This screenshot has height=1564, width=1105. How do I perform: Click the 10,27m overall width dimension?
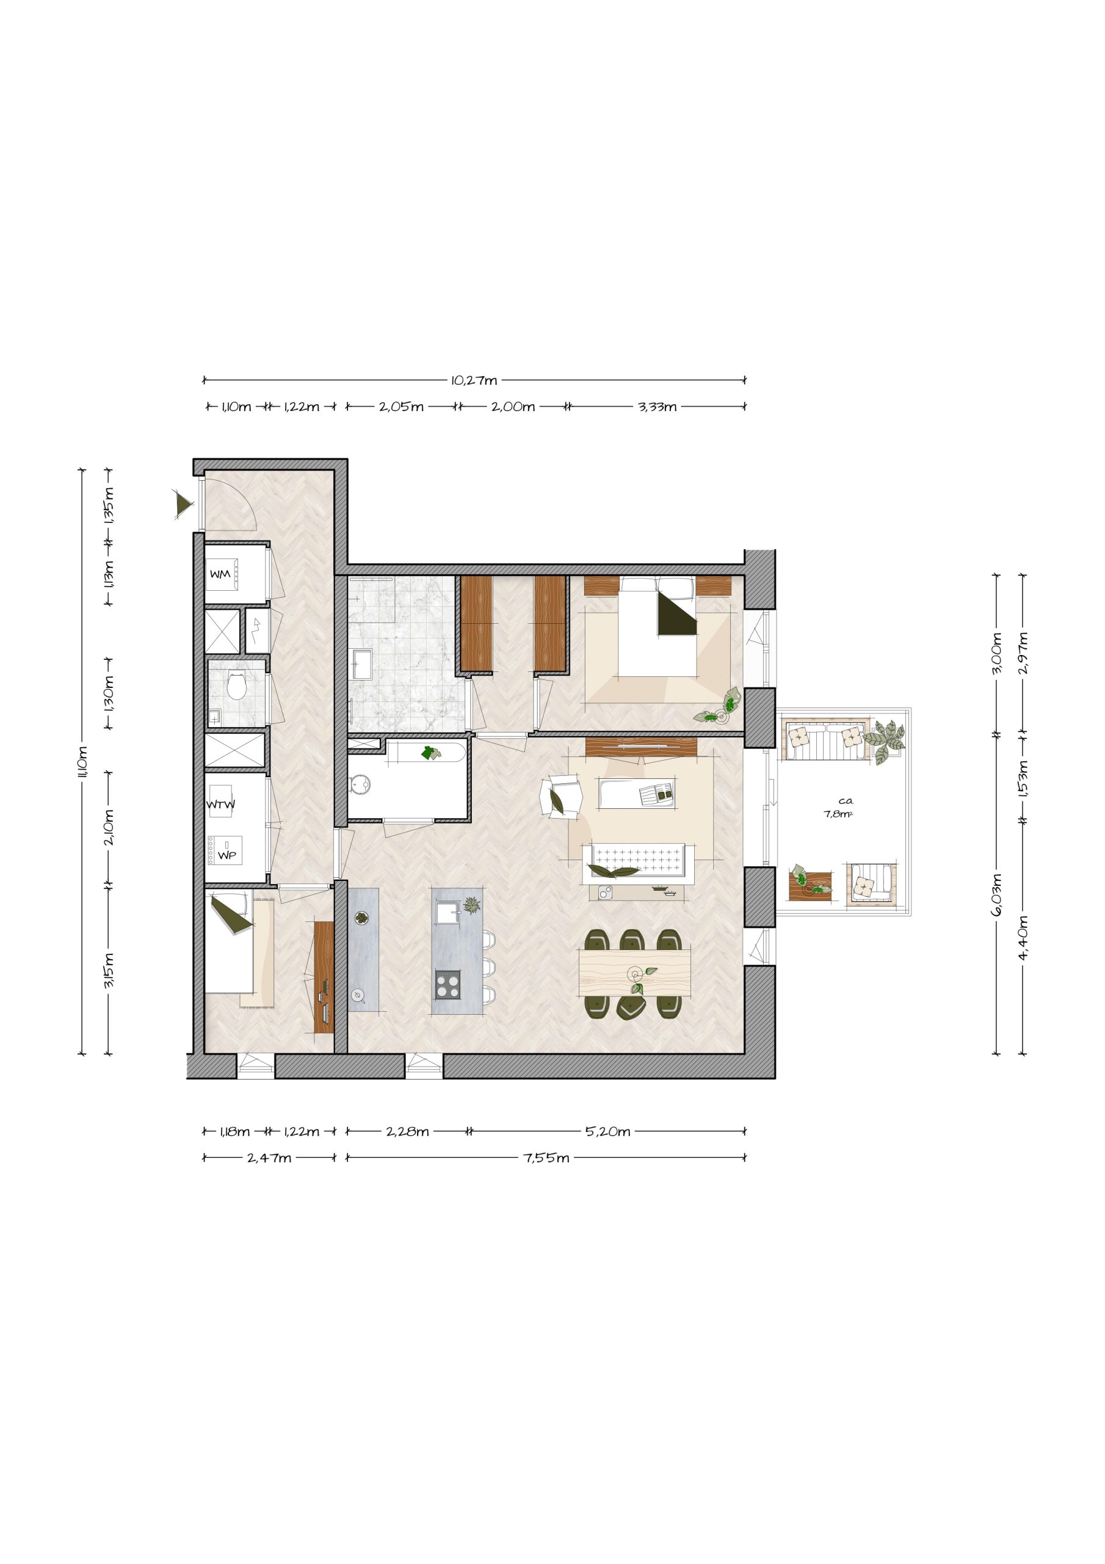(474, 380)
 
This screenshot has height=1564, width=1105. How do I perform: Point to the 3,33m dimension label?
(657, 407)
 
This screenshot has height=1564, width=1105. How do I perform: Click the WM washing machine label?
(220, 574)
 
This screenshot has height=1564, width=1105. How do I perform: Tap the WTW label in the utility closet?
(220, 804)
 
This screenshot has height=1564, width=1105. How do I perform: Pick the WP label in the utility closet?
(226, 855)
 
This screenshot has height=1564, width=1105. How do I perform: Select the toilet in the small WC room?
(236, 686)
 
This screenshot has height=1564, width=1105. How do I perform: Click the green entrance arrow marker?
(183, 504)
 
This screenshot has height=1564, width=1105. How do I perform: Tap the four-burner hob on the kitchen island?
(447, 984)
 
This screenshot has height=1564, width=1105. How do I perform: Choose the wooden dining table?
(634, 971)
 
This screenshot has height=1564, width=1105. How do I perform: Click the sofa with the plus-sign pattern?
(638, 863)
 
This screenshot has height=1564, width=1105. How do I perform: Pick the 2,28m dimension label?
(407, 1131)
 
